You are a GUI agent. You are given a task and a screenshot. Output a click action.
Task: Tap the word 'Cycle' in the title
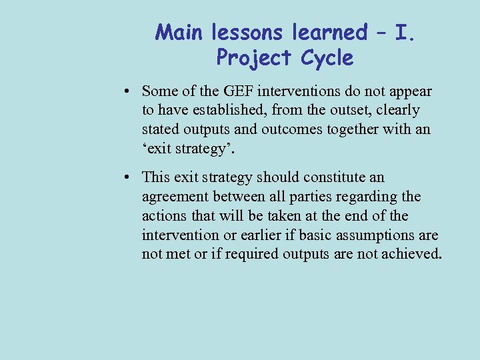click(327, 58)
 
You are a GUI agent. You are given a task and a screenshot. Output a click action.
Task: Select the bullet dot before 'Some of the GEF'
click(127, 91)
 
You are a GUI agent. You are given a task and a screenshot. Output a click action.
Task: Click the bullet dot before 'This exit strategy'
click(127, 178)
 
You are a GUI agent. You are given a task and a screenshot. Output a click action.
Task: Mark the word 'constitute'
click(333, 178)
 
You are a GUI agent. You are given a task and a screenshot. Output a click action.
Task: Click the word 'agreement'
click(172, 197)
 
